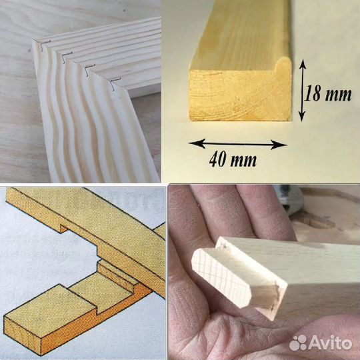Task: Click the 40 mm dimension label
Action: (233, 160)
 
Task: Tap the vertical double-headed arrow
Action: (303, 90)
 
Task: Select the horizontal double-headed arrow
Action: (237, 144)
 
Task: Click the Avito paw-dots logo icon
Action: (298, 343)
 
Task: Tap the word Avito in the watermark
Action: (331, 343)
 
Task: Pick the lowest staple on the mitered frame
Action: (115, 83)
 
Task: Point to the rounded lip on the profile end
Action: (283, 65)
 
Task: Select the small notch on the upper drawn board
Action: (63, 228)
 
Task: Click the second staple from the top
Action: (67, 57)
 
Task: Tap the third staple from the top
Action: (89, 70)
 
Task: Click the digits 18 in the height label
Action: (313, 93)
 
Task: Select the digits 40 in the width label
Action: (217, 159)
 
